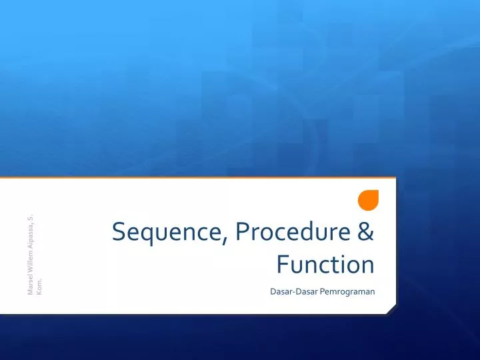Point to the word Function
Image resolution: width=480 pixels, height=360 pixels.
click(x=325, y=265)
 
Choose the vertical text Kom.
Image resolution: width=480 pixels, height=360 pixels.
click(x=41, y=285)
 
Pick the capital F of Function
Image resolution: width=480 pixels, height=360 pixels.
click(x=281, y=265)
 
